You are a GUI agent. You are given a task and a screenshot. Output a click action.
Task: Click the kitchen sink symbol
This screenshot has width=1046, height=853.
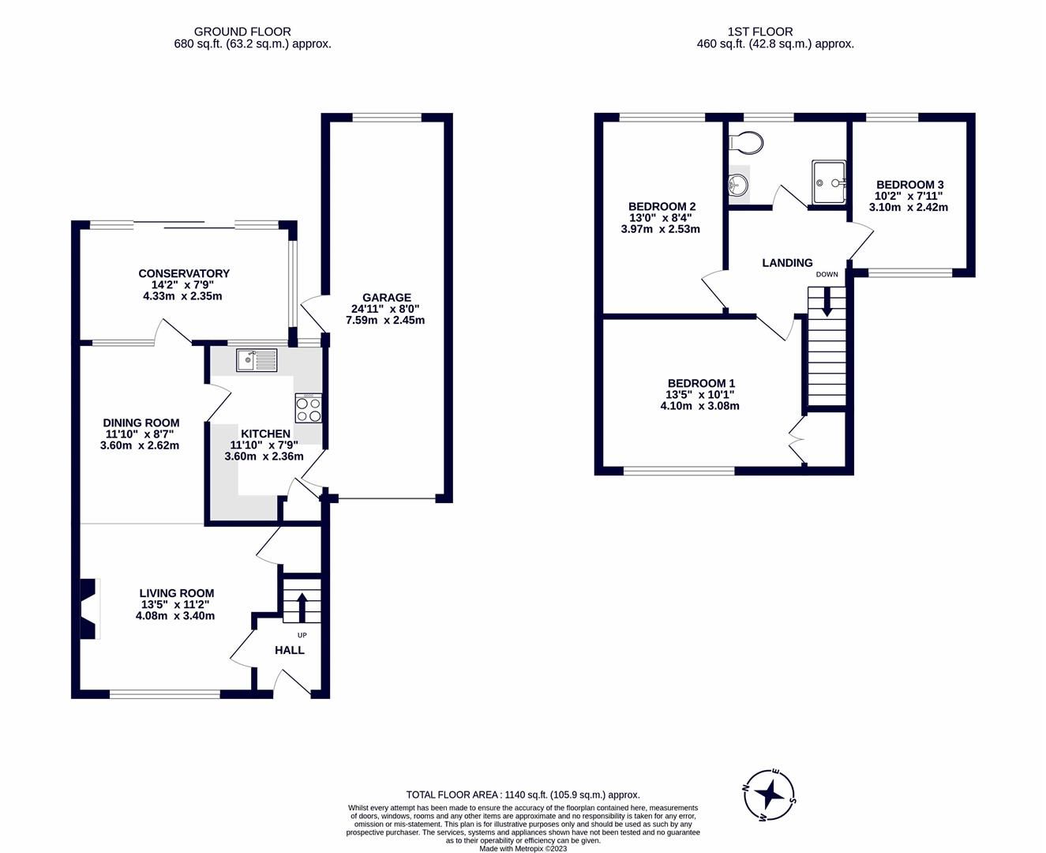tap(257, 360)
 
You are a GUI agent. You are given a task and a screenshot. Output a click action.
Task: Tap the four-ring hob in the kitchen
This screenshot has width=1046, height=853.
tap(308, 408)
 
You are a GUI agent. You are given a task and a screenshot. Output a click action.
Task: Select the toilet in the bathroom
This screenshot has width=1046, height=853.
tap(746, 143)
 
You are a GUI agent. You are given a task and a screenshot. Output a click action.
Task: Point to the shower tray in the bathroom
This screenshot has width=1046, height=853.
tap(829, 182)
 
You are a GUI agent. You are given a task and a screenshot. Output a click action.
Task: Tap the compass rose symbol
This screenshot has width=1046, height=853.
tap(770, 794)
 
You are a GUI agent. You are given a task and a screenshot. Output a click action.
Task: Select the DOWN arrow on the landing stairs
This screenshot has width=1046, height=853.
tap(827, 302)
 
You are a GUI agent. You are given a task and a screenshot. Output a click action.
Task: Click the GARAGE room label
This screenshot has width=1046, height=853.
tap(387, 298)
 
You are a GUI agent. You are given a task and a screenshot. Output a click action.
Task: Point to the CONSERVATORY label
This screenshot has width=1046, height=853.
tap(183, 273)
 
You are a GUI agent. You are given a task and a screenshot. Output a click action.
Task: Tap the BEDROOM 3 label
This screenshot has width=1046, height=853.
tap(909, 184)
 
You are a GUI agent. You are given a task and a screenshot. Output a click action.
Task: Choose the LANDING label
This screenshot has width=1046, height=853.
tap(787, 263)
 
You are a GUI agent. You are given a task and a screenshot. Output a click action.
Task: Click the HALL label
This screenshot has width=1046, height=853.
tap(289, 650)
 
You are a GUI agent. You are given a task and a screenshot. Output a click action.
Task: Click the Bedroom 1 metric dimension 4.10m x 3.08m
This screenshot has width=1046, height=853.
tap(699, 406)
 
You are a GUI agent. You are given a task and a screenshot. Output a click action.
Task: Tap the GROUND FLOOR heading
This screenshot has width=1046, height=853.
tap(242, 32)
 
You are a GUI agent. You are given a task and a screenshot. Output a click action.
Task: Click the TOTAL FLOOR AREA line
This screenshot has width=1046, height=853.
tap(523, 795)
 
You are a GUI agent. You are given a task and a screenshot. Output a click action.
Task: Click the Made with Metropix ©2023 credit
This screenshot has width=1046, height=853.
tap(523, 848)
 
